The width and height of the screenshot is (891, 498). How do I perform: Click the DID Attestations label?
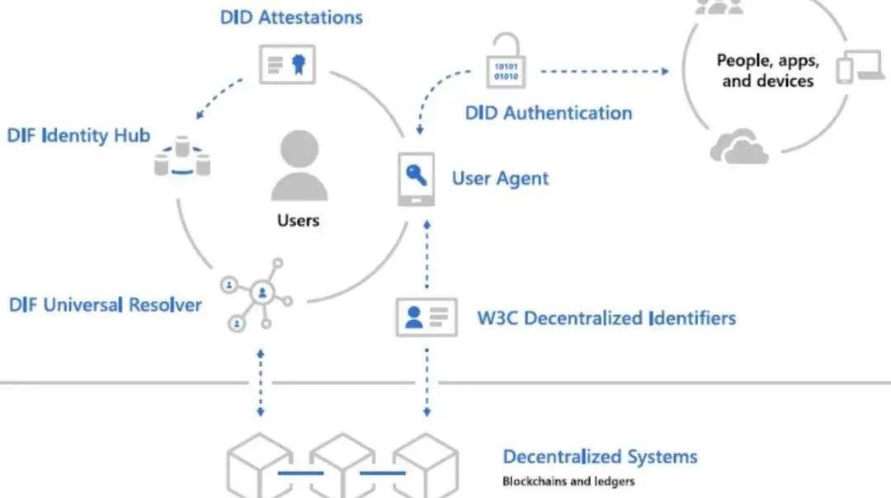tap(290, 16)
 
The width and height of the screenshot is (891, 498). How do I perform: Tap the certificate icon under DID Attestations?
tap(287, 64)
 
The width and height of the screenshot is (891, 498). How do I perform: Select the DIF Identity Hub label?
tap(78, 135)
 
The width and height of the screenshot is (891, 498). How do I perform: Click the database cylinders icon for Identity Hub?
tap(182, 157)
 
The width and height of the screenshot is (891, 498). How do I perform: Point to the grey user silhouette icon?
tap(298, 166)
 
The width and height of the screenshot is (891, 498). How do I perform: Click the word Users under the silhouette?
tap(298, 220)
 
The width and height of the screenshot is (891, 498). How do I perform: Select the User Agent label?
tap(500, 178)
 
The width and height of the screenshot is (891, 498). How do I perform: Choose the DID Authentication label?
tap(549, 113)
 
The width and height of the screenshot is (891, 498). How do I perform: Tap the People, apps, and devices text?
tap(767, 70)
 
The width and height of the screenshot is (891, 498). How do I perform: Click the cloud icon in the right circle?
tap(738, 146)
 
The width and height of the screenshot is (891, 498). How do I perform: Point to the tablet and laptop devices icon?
tap(859, 68)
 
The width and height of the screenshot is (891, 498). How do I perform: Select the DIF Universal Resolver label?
tap(105, 305)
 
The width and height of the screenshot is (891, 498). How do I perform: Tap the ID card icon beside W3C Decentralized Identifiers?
tap(426, 317)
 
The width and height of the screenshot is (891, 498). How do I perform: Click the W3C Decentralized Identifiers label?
tap(606, 318)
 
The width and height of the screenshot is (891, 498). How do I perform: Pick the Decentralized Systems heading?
tap(600, 457)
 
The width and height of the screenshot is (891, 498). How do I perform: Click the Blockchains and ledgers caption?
tap(568, 482)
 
